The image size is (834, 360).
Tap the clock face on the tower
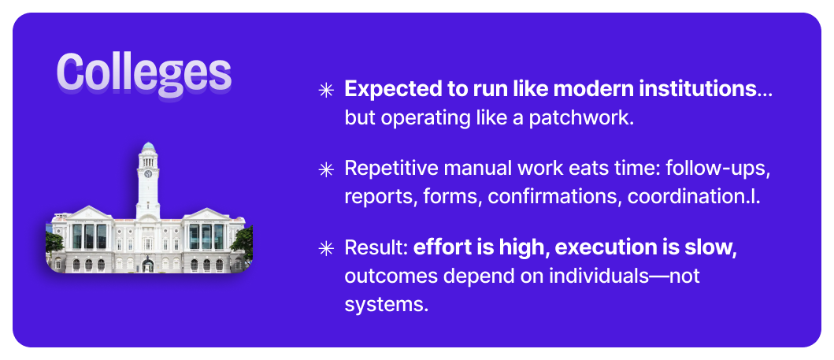[x=148, y=174]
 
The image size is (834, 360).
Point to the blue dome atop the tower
[x=148, y=147]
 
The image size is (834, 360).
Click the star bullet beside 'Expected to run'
[x=325, y=91]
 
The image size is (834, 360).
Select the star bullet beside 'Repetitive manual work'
[x=325, y=169]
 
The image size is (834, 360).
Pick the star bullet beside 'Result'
[x=325, y=248]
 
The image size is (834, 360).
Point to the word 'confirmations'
[x=554, y=197]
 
